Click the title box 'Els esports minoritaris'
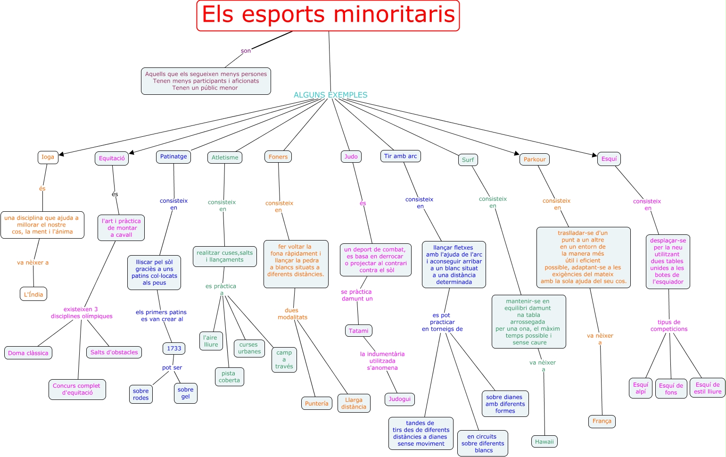pos(328,16)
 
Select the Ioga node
pos(48,157)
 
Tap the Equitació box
pos(112,158)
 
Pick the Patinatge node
pos(173,157)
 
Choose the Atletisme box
pos(225,158)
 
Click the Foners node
pos(278,157)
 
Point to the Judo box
pos(351,157)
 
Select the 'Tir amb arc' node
pos(400,156)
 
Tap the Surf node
pos(468,160)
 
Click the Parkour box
pos(535,159)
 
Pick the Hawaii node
pos(544,442)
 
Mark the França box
pos(602,421)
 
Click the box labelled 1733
pos(174,349)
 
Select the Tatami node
pos(359,331)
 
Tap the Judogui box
pos(400,399)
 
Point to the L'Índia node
pos(33,294)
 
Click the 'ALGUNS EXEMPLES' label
pos(330,95)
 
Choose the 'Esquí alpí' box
pos(641,388)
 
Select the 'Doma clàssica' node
pos(28,353)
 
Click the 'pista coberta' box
pos(230,377)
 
